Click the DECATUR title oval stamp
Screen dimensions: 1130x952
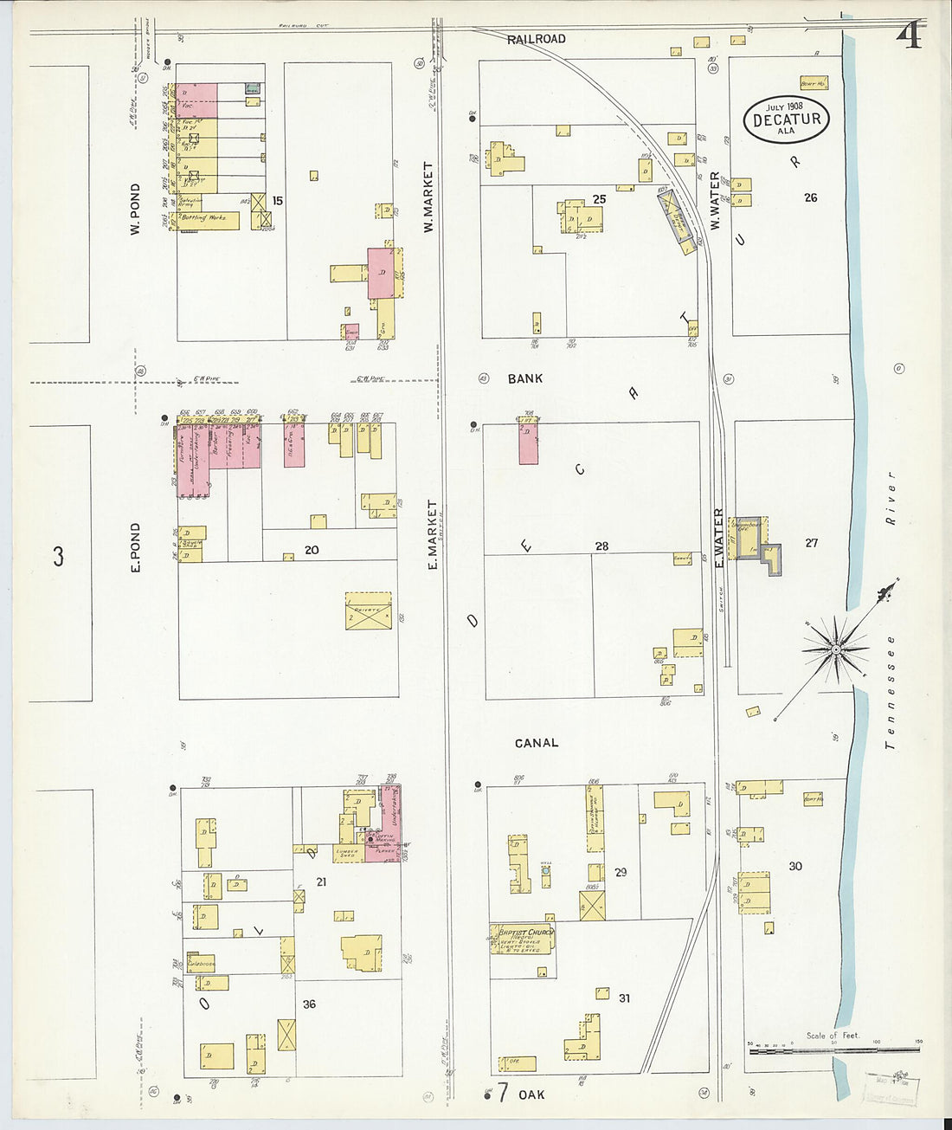pos(786,119)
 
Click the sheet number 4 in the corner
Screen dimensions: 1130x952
pos(910,36)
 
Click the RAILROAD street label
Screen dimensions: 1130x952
pos(537,39)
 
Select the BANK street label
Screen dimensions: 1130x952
pos(525,378)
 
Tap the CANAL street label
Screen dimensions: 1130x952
pos(537,743)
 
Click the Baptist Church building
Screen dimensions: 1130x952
pos(523,939)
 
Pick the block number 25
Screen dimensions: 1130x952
pos(599,199)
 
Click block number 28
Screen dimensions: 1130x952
pos(601,546)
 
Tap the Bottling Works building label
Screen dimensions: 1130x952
pos(203,218)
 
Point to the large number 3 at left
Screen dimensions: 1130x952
pos(58,556)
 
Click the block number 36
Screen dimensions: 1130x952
pos(309,1004)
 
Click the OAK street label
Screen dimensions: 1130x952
pos(531,1094)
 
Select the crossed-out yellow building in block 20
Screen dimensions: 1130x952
pos(368,610)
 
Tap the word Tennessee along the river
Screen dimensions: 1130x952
pos(891,693)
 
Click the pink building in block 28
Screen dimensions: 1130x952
pos(528,442)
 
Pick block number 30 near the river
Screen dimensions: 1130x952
pos(795,866)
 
